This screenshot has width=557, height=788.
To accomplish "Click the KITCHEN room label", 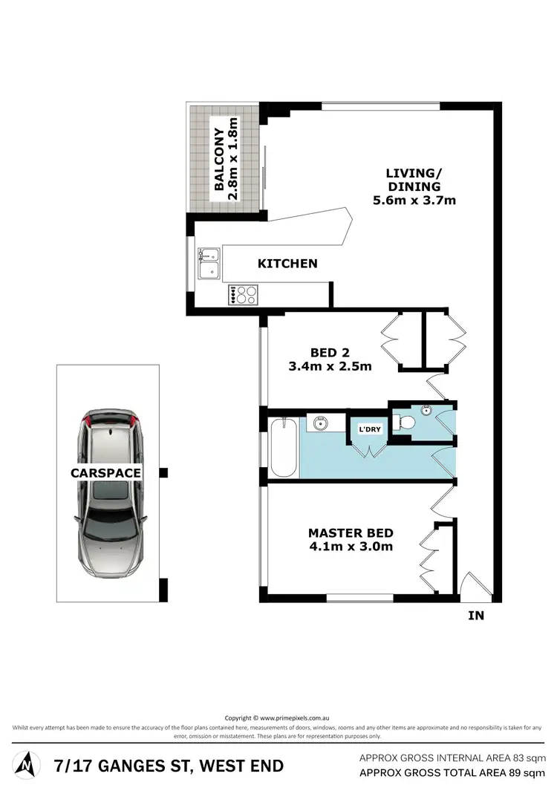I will click(x=287, y=264).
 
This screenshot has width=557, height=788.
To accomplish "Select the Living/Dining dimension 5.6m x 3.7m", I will click(x=413, y=200).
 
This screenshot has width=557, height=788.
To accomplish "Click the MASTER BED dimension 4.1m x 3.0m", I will click(x=351, y=547).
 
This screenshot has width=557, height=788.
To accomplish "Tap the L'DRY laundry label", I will click(x=369, y=429).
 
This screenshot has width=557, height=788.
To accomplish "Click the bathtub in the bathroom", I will click(x=284, y=448).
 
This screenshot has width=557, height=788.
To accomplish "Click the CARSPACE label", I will click(x=106, y=472).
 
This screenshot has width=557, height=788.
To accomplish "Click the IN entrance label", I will click(x=476, y=616).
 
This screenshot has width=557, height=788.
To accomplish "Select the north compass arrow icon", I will click(x=27, y=763).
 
